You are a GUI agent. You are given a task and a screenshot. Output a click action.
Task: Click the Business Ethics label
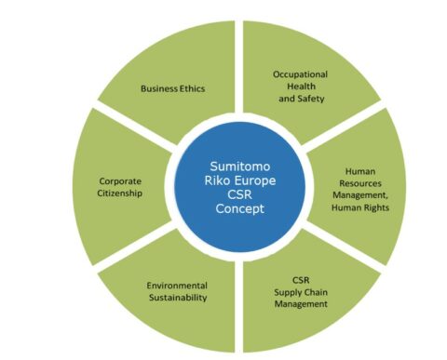(172, 88)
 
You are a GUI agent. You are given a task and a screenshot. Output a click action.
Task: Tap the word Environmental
(176, 284)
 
